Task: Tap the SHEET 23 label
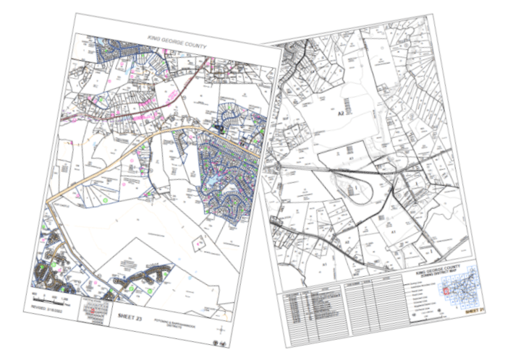(132, 315)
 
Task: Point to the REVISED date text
(44, 307)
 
